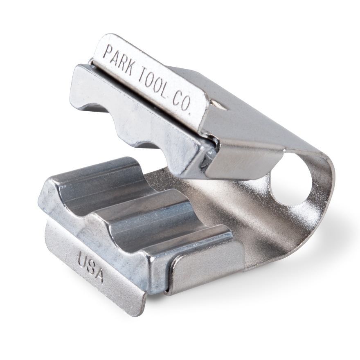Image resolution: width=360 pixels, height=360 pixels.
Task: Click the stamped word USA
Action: tap(90, 267)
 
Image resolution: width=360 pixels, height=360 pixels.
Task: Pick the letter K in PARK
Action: tap(129, 69)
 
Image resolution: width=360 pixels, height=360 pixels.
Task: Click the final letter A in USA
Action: tap(98, 275)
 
